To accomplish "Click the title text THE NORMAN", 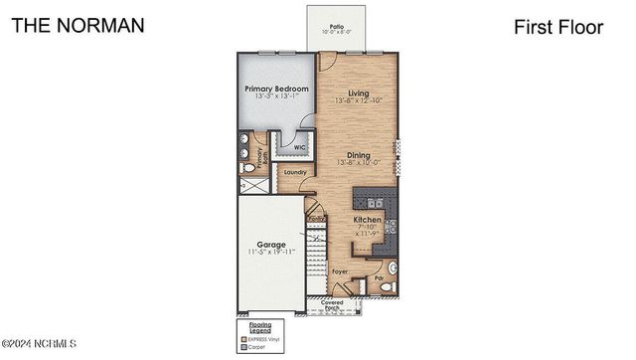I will [x=79, y=25].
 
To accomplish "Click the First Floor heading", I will [x=558, y=27].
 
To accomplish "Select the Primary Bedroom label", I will [x=277, y=89].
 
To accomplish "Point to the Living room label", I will [x=359, y=92].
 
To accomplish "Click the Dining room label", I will [x=359, y=154].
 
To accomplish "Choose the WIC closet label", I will [x=299, y=147].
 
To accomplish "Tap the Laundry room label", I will [x=295, y=172].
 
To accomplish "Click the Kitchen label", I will [x=369, y=220].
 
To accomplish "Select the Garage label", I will [x=271, y=245].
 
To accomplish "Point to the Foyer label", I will [x=340, y=270].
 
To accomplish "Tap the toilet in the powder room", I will [x=392, y=269].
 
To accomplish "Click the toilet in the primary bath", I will [x=246, y=169].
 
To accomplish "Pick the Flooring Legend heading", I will [x=253, y=327].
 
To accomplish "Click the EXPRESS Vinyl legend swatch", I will [x=240, y=339].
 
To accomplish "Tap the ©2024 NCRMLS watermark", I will [x=40, y=344].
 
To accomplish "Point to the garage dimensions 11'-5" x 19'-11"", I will [x=271, y=253].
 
